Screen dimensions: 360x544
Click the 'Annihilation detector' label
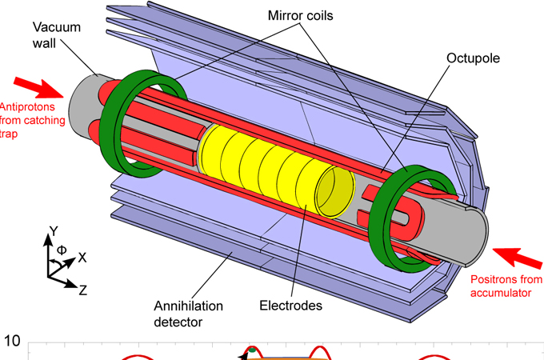tap(188, 314)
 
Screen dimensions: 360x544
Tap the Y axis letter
tap(53, 232)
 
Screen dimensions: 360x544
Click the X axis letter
tap(82, 258)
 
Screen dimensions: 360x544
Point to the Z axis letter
tap(82, 290)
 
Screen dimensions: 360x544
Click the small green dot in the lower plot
tap(253, 350)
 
